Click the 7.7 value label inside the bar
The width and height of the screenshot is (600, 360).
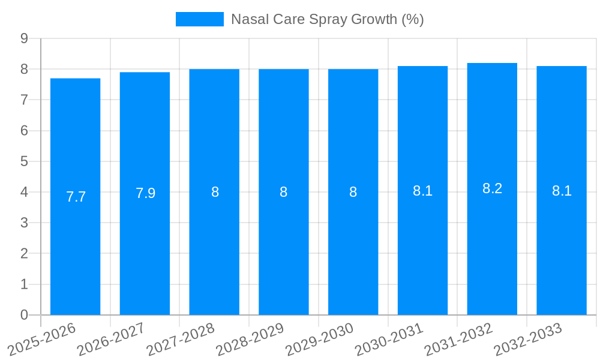[x=76, y=197]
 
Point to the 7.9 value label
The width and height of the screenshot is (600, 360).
[x=145, y=193]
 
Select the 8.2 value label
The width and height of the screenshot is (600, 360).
[x=492, y=188]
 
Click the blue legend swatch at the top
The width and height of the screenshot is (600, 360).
[x=199, y=19]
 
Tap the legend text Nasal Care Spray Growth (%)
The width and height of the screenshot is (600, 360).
[x=327, y=19]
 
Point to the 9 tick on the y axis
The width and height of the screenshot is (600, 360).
[x=25, y=38]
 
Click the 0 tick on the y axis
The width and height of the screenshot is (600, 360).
[x=25, y=315]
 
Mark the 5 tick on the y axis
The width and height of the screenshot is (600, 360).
[x=25, y=161]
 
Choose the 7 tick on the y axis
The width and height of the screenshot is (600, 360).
[x=25, y=100]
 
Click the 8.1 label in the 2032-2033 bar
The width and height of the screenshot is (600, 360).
[x=562, y=191]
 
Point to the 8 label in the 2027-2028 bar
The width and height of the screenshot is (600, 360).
[x=215, y=192]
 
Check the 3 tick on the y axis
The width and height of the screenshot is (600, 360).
[x=25, y=223]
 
